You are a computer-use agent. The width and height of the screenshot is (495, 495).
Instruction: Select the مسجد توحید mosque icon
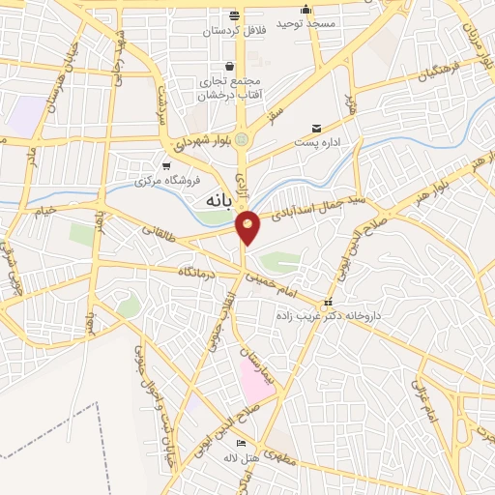(306, 10)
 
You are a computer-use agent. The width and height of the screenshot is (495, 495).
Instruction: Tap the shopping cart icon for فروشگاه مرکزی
(167, 165)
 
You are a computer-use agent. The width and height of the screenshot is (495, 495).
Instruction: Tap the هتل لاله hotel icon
(241, 444)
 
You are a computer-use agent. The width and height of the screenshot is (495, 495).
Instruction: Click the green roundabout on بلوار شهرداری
(242, 137)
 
